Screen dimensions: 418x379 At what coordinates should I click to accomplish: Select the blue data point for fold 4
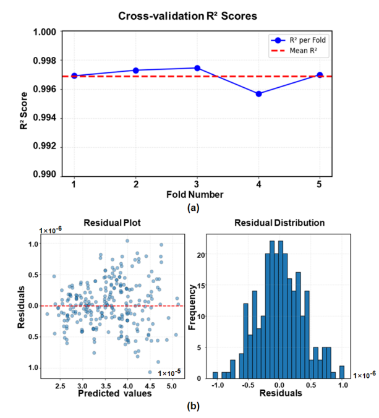coord(258,94)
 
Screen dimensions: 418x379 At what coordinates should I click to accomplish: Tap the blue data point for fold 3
coord(197,68)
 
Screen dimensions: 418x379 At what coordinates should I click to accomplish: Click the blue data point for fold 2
coord(135,70)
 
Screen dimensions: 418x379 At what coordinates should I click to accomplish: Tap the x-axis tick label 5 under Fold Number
coord(320,185)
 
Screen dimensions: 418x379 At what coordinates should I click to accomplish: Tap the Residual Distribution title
coord(279,223)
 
